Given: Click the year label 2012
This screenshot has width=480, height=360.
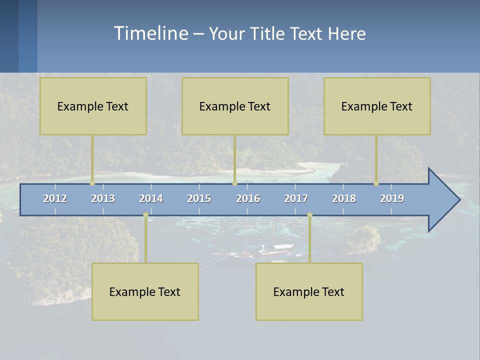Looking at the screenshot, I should tap(55, 198).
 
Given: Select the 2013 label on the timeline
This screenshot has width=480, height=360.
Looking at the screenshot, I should tap(103, 198).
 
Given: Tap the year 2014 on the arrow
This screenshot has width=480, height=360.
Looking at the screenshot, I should tap(151, 198).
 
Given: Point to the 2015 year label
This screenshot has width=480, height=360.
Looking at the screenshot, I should tap(199, 198).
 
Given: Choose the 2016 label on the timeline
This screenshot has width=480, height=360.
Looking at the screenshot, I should tap(248, 198).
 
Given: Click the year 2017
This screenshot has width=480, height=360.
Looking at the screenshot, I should tap(296, 198).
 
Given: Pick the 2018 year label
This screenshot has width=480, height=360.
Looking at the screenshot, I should tap(344, 198).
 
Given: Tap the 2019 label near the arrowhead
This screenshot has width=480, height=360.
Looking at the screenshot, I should tap(392, 198).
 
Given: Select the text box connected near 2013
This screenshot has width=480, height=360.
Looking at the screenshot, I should tap(93, 106).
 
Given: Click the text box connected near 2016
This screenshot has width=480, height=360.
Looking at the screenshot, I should tap(235, 106).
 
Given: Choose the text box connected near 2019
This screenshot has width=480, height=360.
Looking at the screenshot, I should tap(377, 106).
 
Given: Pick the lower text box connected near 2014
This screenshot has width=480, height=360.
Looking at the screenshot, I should tap(145, 291).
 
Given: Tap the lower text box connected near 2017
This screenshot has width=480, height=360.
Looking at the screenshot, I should tap(309, 291).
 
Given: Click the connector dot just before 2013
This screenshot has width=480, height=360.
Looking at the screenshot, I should tap(92, 183).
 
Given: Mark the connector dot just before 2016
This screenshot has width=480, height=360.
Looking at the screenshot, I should tap(234, 183).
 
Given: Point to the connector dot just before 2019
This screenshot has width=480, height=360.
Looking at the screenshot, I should tap(376, 183).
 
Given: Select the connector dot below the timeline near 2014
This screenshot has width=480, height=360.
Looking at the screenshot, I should tap(145, 215).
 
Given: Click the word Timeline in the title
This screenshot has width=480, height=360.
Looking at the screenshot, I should tap(150, 33).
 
